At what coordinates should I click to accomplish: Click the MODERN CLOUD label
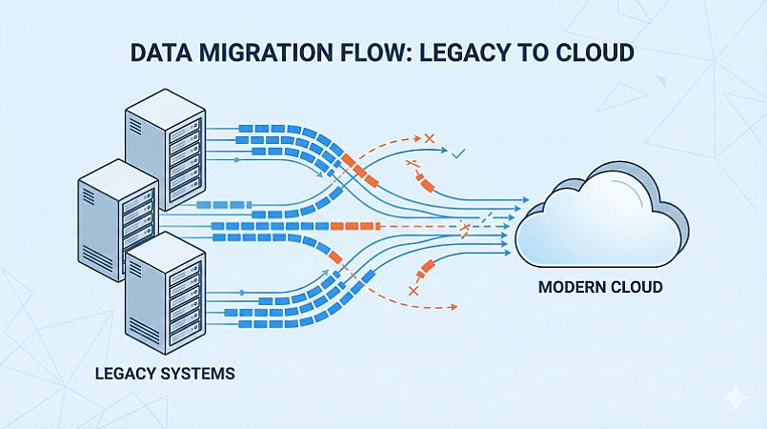(599, 287)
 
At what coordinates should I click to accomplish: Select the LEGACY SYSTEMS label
(165, 373)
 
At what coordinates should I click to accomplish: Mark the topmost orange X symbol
(428, 139)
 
